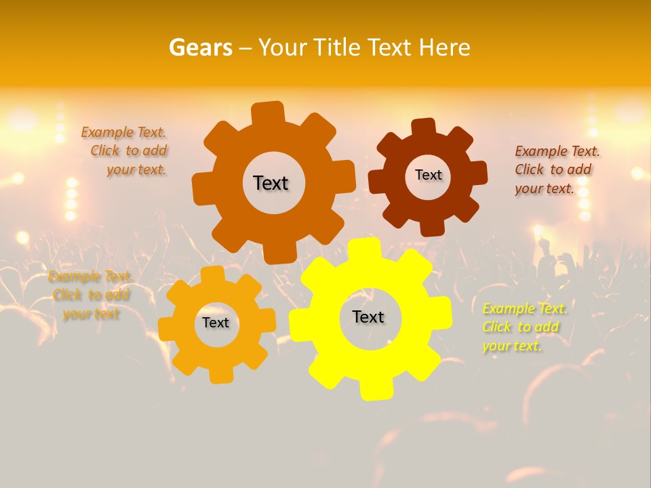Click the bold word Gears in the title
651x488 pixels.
pyautogui.click(x=200, y=47)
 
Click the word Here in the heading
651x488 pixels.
pyautogui.click(x=444, y=47)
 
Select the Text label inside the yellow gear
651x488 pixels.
pyautogui.click(x=368, y=317)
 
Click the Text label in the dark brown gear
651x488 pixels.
pyautogui.click(x=428, y=175)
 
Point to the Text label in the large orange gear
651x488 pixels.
pyautogui.click(x=271, y=183)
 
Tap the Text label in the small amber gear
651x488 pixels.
pyautogui.click(x=216, y=323)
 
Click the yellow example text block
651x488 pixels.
pyautogui.click(x=524, y=327)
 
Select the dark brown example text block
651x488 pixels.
pyautogui.click(x=557, y=169)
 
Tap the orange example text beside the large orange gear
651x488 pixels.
pyautogui.click(x=125, y=150)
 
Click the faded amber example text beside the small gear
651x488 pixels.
pyautogui.click(x=90, y=295)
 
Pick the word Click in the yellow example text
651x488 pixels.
pyautogui.click(x=497, y=327)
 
